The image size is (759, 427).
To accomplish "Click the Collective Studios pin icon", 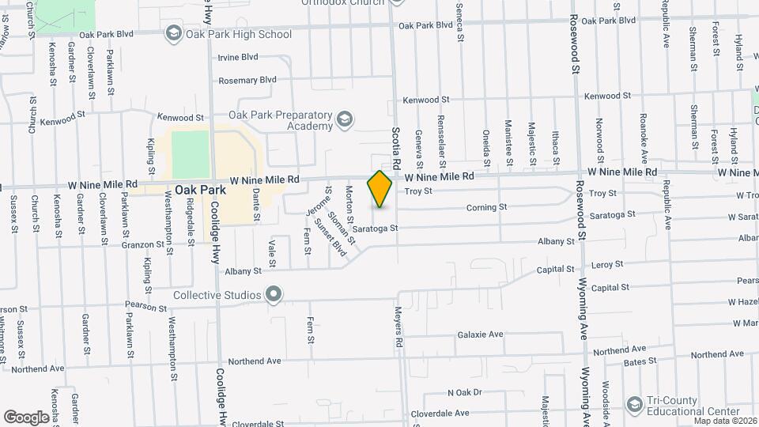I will (274, 296).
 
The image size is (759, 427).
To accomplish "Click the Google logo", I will (26, 417).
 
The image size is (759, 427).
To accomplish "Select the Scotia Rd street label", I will (398, 148).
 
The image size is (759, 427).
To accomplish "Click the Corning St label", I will (485, 207).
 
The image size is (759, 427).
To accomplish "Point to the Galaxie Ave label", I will (480, 334).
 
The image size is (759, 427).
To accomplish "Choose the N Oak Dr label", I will (464, 392).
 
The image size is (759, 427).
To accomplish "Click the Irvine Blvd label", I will (238, 57).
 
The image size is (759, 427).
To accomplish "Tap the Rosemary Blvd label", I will (247, 80).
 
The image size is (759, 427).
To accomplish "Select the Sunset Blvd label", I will (330, 236).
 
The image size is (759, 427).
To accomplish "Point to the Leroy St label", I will (607, 264).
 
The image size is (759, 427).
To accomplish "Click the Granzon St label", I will (119, 245).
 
